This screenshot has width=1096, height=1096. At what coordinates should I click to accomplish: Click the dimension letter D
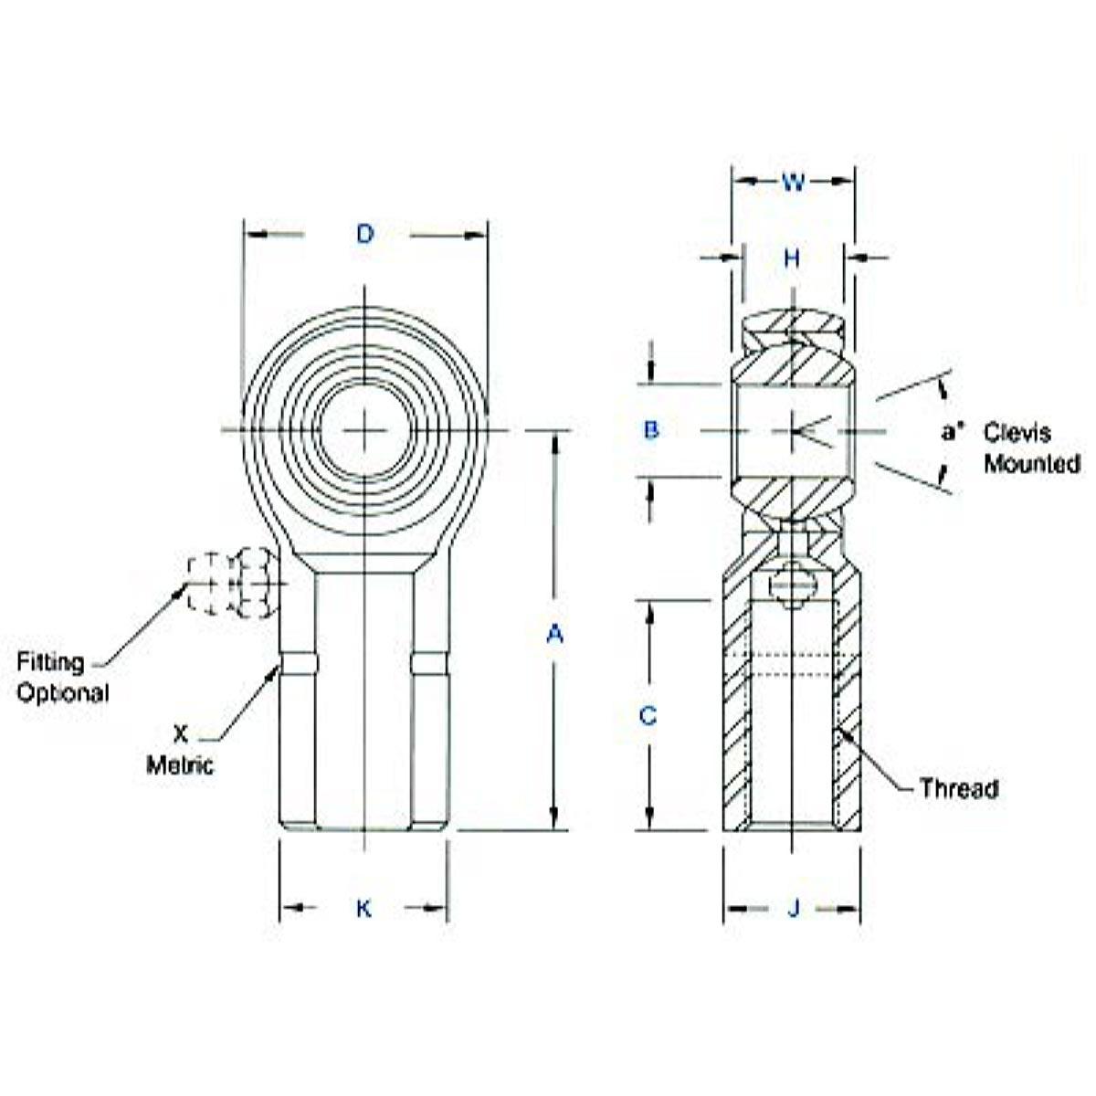coord(364,235)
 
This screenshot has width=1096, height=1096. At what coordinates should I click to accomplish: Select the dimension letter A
coord(554,633)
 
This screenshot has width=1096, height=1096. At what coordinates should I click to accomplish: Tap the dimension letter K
coord(364,908)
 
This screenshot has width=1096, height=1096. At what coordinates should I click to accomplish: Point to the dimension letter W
coord(793,183)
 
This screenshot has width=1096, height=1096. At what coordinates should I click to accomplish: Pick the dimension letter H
coord(792,259)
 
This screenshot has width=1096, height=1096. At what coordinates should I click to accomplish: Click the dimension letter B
coord(651,429)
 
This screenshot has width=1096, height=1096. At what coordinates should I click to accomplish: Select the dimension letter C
coord(648,716)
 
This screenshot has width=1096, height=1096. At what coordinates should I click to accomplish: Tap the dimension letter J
coord(793,908)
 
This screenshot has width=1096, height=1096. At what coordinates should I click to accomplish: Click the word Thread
coord(958,788)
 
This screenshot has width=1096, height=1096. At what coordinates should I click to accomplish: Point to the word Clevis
coord(1017,433)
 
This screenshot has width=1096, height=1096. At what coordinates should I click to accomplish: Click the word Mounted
coord(1031,464)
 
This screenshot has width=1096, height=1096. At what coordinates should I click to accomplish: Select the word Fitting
coord(50,662)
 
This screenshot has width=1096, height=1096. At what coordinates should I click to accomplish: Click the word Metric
coord(180,764)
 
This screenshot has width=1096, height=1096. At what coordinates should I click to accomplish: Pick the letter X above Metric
coord(181,733)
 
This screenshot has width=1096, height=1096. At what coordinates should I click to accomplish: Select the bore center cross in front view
coord(364,429)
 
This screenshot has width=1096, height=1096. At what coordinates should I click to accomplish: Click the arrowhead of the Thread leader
coord(842,732)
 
